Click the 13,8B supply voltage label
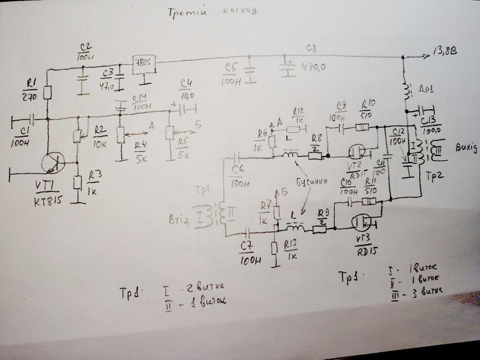click(445, 55)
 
